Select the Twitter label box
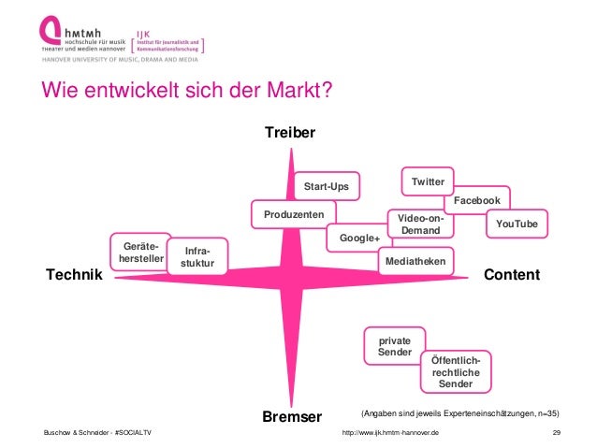pyautogui.click(x=428, y=179)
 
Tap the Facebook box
pyautogui.click(x=476, y=201)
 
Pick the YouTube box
pyautogui.click(x=517, y=224)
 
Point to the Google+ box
pyautogui.click(x=359, y=238)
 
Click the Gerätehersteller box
pyautogui.click(x=137, y=252)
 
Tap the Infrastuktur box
pyautogui.click(x=197, y=258)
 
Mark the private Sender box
pyautogui.click(x=394, y=348)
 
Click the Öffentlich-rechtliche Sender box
pyautogui.click(x=456, y=372)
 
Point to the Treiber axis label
pyautogui.click(x=290, y=134)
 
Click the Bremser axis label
pyautogui.click(x=292, y=415)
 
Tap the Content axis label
pyautogui.click(x=512, y=275)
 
